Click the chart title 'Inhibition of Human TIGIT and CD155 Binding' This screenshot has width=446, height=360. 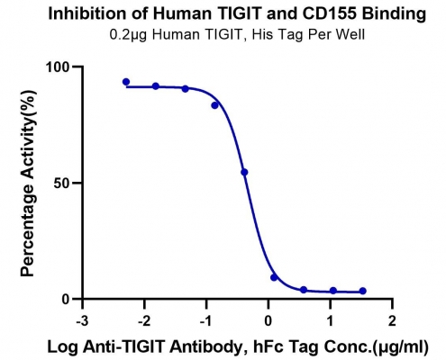[x=237, y=13]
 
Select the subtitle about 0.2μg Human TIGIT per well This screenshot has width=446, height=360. [x=237, y=35]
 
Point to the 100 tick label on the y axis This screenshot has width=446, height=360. [x=58, y=67]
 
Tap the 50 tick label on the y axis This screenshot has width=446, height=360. [x=62, y=184]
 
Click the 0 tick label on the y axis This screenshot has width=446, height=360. [x=67, y=300]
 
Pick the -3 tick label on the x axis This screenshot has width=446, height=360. [x=82, y=321]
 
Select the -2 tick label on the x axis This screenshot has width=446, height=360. [x=144, y=321]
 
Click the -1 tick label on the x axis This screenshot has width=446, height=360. [x=206, y=321]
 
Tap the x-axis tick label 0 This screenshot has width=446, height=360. [x=269, y=321]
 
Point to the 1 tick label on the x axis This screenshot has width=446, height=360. [x=331, y=321]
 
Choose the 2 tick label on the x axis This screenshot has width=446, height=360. [x=392, y=321]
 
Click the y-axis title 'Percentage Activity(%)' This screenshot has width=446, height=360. [x=28, y=183]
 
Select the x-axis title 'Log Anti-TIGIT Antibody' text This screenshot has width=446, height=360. [x=145, y=347]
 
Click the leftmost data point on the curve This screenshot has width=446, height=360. [x=126, y=82]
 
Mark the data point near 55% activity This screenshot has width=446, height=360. [x=244, y=172]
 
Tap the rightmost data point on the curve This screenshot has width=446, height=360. [x=363, y=291]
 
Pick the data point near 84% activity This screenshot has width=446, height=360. [x=214, y=105]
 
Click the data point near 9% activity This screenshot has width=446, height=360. [x=274, y=277]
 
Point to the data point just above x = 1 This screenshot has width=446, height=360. [x=333, y=291]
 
